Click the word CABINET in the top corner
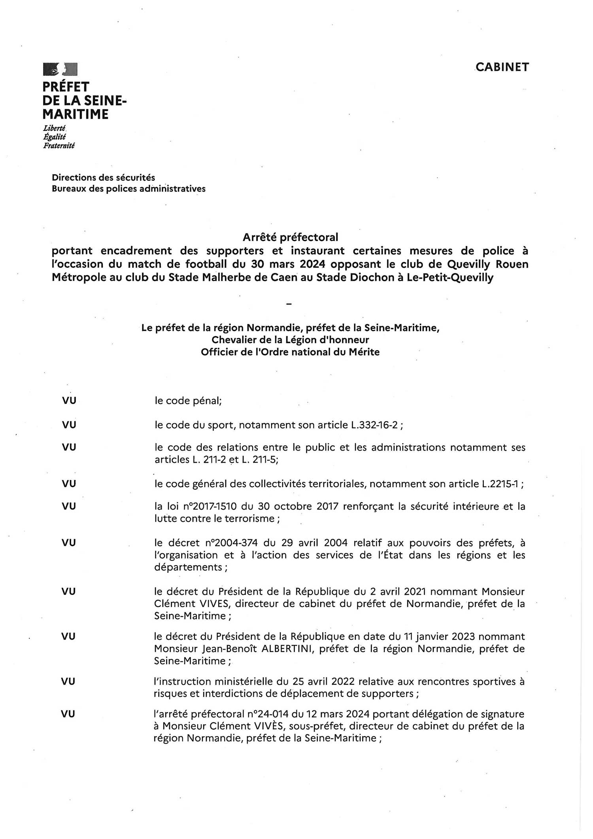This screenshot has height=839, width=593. tap(502, 67)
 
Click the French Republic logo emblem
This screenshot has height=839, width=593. tap(60, 69)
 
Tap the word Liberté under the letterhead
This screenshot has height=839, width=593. tap(55, 128)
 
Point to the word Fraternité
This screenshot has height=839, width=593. tap(59, 146)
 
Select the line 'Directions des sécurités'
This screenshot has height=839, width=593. tap(104, 178)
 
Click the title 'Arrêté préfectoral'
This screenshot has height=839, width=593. tap(290, 237)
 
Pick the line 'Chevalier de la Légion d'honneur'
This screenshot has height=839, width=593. tap(290, 340)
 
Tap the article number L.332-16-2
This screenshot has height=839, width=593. tap(374, 425)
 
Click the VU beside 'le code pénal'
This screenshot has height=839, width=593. tap(69, 401)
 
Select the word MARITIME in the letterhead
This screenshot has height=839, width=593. tap(76, 115)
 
